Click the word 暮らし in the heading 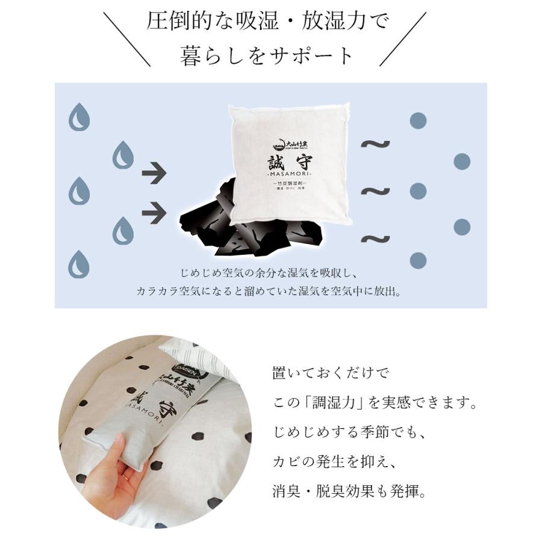pos(211,55)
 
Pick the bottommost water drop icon pos(79,264)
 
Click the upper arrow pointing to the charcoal pos(154,175)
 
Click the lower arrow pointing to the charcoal pos(154,211)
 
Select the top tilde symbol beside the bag pos(375,145)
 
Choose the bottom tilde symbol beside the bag pos(375,239)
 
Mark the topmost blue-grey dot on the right pos(418,120)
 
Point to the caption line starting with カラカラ pos(269,291)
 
